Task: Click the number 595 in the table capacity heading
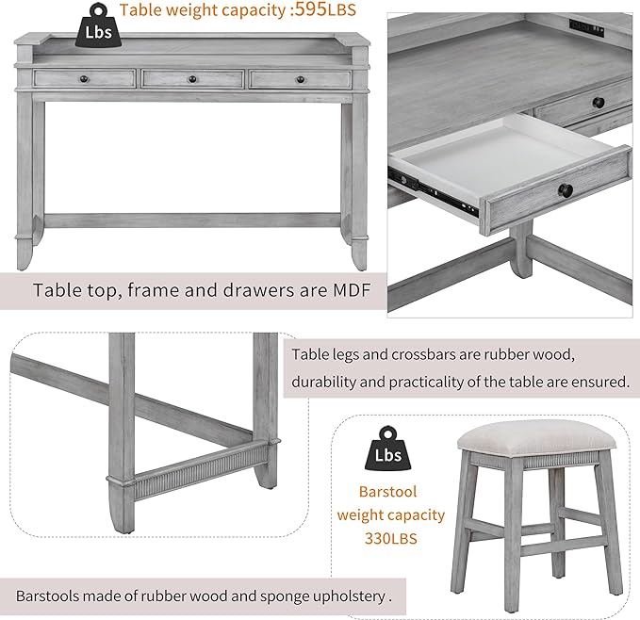[x=311, y=9]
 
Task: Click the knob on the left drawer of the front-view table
[x=84, y=79]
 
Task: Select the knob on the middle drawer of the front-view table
[x=192, y=79]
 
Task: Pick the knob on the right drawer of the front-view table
[x=301, y=79]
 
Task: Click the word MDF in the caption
[x=352, y=290]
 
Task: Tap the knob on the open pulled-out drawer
[x=566, y=189]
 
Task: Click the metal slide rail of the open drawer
[x=434, y=191]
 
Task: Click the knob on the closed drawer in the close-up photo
[x=599, y=102]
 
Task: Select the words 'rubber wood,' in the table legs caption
[x=530, y=354]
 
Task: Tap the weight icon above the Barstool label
[x=387, y=448]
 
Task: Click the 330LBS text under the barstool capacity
[x=391, y=539]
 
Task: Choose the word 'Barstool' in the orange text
[x=387, y=492]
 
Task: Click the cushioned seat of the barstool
[x=536, y=440]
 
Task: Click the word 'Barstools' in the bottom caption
[x=47, y=596]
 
